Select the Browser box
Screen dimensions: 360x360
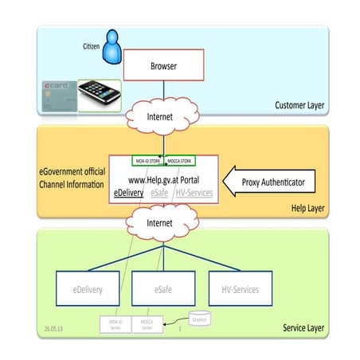pos(163,67)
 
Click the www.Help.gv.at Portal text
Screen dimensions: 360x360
pos(164,179)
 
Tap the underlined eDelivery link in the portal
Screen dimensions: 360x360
pos(130,193)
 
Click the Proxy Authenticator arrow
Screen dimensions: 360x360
pos(268,182)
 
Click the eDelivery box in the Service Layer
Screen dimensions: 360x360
pos(87,288)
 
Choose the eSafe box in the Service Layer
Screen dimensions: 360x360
pos(164,288)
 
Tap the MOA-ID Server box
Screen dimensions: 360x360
pos(115,324)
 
